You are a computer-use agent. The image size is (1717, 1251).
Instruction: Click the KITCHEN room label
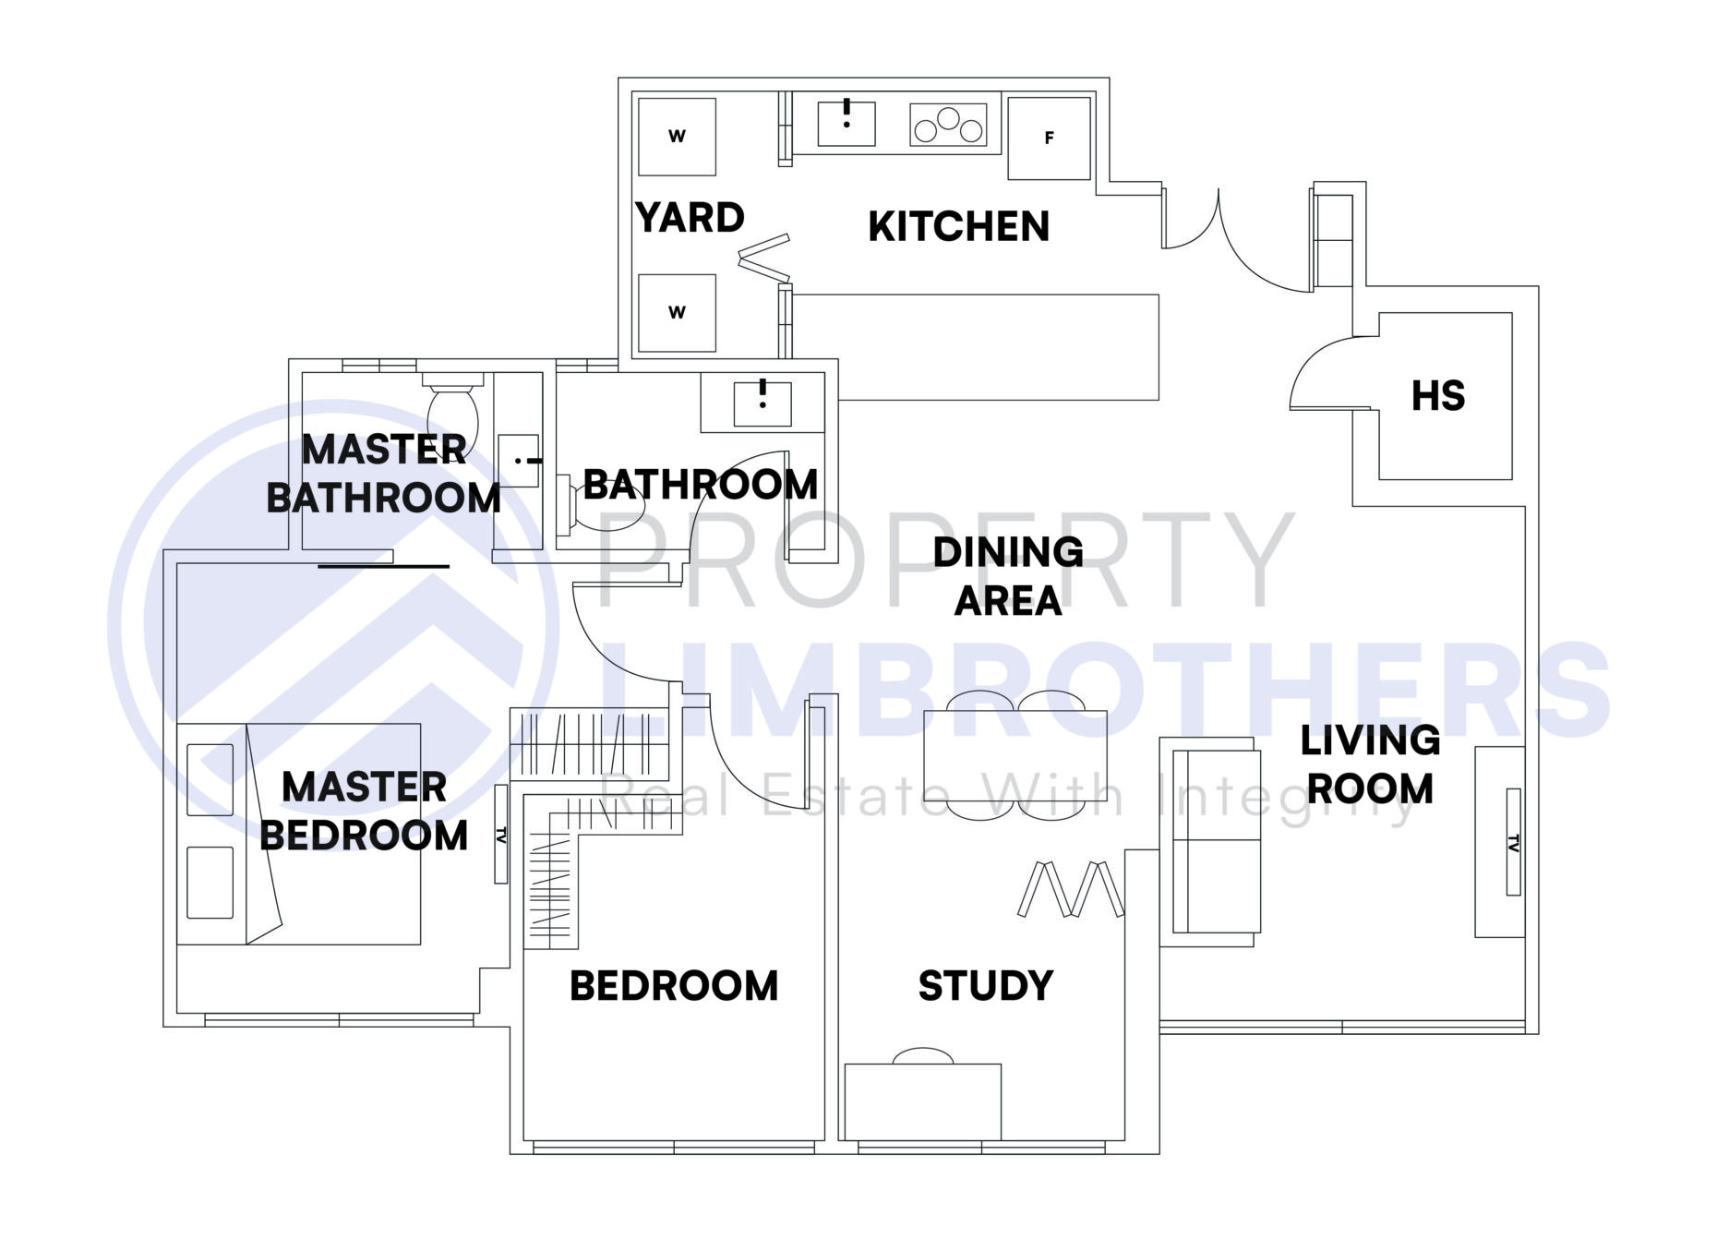(958, 227)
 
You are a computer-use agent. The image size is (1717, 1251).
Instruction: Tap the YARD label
(690, 219)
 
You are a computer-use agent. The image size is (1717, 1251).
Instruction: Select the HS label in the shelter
(1437, 396)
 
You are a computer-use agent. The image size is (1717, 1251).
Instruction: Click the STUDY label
(985, 986)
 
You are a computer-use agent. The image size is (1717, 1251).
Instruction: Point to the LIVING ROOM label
(1370, 764)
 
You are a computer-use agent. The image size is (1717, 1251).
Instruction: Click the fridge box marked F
(1049, 138)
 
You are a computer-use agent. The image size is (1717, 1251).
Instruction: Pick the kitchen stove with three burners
(947, 125)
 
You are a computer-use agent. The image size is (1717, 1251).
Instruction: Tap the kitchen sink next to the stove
(846, 123)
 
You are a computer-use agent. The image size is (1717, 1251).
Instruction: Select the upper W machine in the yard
(677, 137)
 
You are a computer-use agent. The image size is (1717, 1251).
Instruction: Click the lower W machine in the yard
(677, 312)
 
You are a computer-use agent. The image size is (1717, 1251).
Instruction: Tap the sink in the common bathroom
(762, 403)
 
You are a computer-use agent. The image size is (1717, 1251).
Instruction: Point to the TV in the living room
(1513, 841)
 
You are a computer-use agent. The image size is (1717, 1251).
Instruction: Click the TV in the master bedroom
(501, 834)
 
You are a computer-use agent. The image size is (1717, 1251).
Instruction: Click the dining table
(1015, 755)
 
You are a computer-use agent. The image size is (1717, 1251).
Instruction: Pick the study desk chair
(923, 1055)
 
